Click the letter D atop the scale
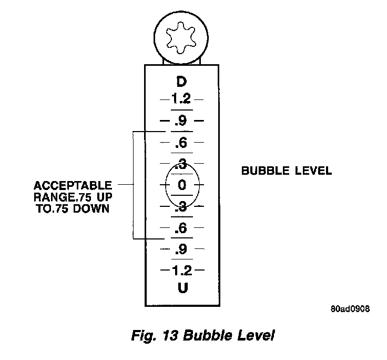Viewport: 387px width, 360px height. pyautogui.click(x=181, y=82)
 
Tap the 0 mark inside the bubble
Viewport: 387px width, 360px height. pyautogui.click(x=182, y=185)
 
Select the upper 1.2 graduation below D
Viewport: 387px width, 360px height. pyautogui.click(x=181, y=98)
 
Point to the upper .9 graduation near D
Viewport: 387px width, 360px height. pyautogui.click(x=181, y=121)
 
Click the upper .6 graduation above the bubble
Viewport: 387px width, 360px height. pyautogui.click(x=181, y=142)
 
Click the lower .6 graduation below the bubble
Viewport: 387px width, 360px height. pyautogui.click(x=181, y=228)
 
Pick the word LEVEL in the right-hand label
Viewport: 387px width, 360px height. pyautogui.click(x=313, y=171)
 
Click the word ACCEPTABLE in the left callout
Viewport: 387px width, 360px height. pyautogui.click(x=73, y=186)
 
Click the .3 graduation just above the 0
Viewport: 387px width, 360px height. pyautogui.click(x=181, y=164)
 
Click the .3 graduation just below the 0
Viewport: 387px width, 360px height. pyautogui.click(x=181, y=207)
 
